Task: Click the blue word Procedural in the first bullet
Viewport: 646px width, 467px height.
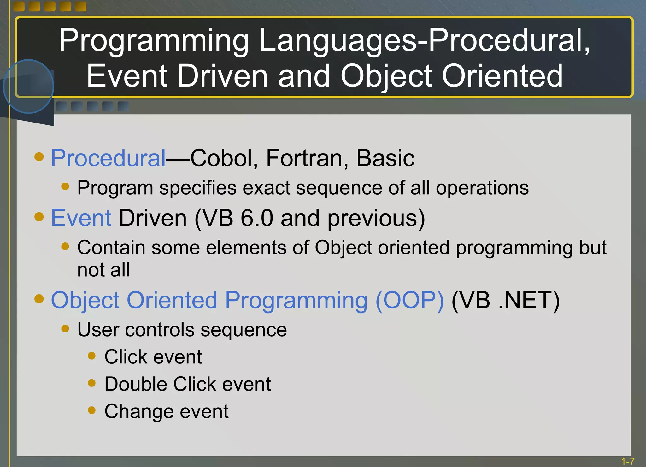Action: click(x=108, y=158)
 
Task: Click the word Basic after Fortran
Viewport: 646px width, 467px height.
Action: click(x=385, y=158)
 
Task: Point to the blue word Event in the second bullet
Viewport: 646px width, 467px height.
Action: click(x=81, y=218)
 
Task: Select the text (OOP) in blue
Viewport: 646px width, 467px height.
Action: click(x=409, y=300)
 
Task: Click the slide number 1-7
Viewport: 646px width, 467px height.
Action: click(x=627, y=461)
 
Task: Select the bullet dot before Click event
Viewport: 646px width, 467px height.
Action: click(x=91, y=356)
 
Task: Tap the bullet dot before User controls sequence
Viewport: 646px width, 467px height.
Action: click(x=65, y=329)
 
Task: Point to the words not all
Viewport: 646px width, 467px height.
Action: click(x=103, y=270)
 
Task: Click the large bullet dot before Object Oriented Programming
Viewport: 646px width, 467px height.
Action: click(x=39, y=299)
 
